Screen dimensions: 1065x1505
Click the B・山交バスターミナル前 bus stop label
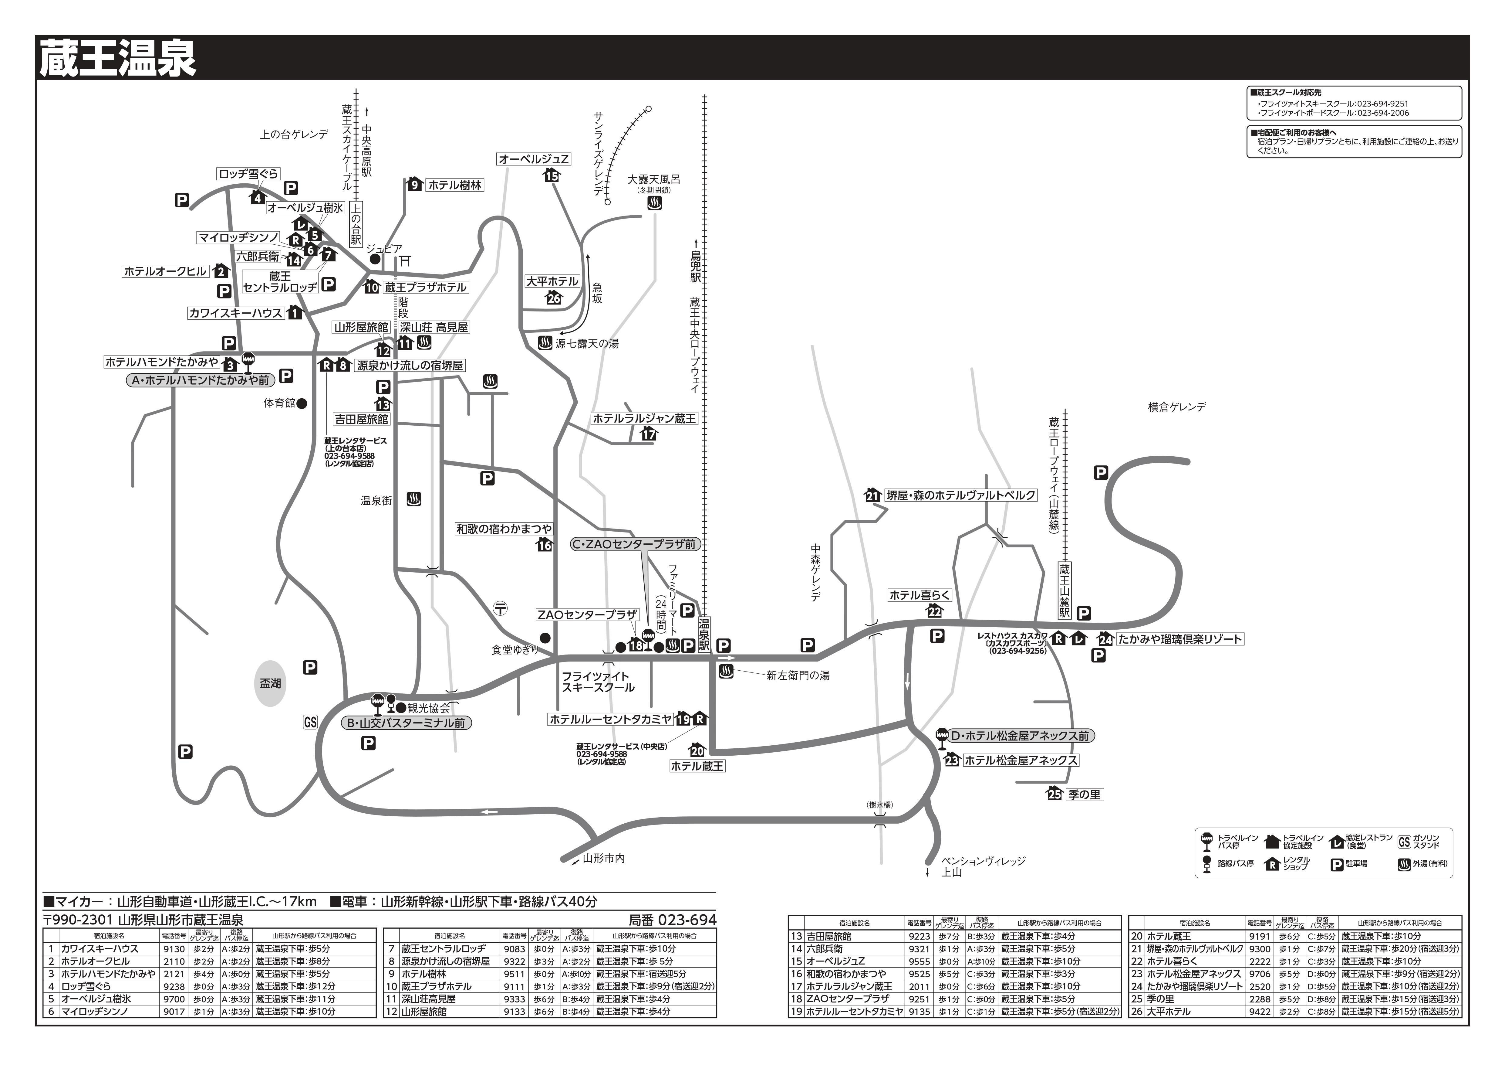[407, 723]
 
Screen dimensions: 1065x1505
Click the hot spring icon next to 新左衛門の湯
[726, 672]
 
